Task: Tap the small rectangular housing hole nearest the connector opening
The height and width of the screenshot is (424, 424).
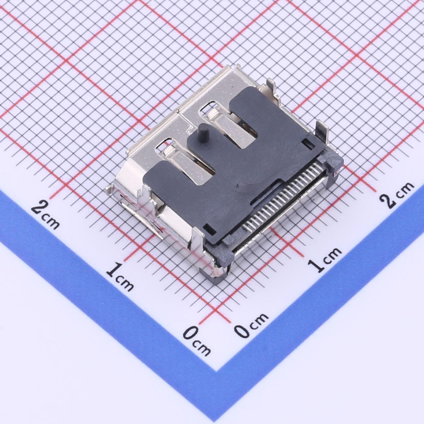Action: pyautogui.click(x=210, y=229)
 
